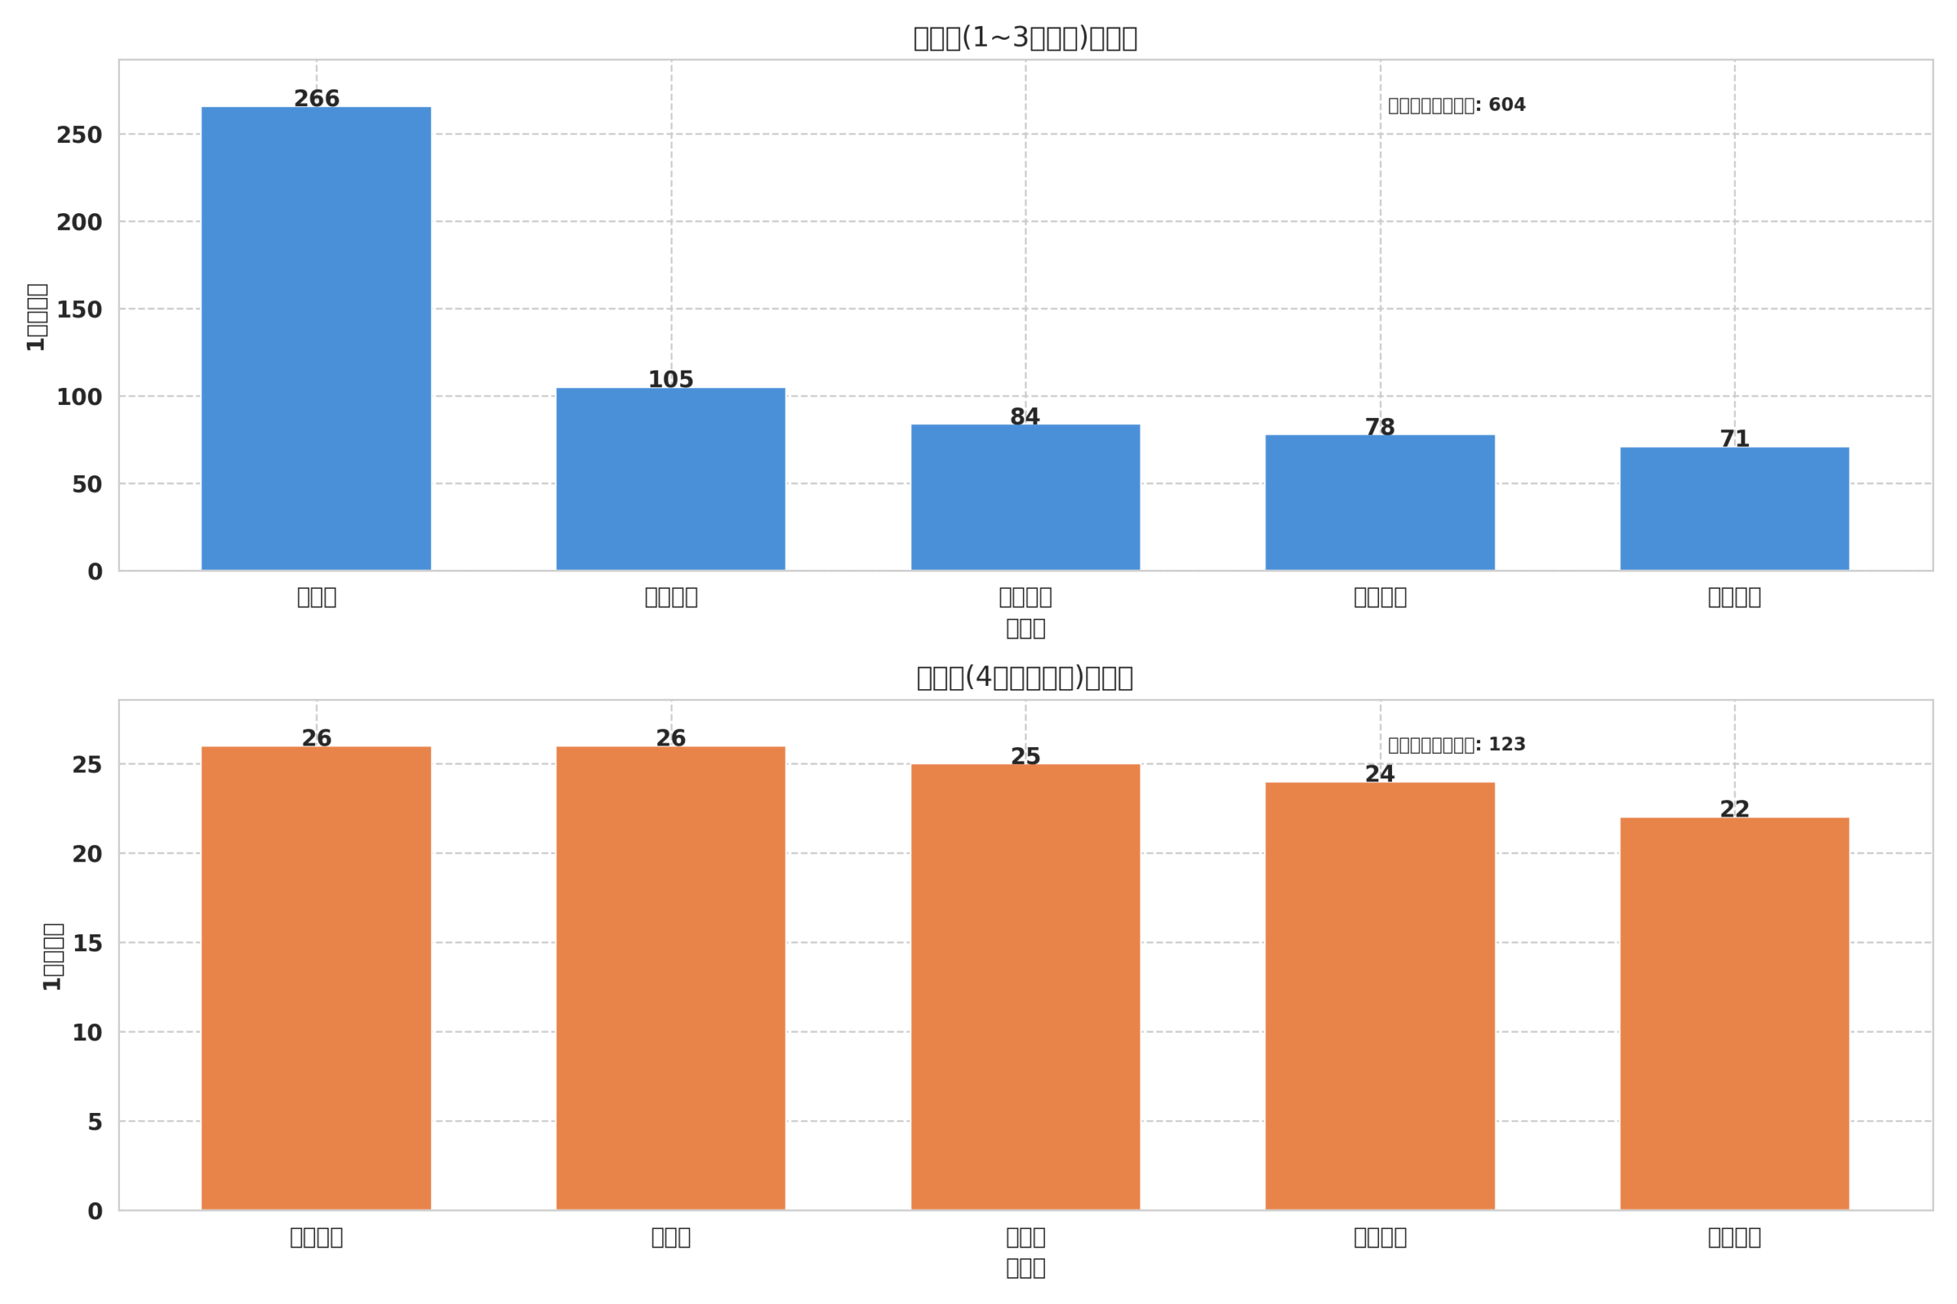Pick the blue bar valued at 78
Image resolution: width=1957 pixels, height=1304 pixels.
pyautogui.click(x=1380, y=503)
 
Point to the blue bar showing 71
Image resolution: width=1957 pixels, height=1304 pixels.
pyautogui.click(x=1734, y=509)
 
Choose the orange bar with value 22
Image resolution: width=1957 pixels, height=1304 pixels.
pyautogui.click(x=1734, y=1014)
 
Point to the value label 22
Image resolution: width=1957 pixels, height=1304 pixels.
pyautogui.click(x=1734, y=809)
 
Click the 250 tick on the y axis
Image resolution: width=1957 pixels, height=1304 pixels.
pyautogui.click(x=79, y=135)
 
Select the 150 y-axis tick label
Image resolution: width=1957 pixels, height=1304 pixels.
pyautogui.click(x=79, y=310)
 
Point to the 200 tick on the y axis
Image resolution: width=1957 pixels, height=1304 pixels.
pyautogui.click(x=79, y=223)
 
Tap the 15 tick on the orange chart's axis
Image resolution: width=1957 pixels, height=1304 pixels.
pyautogui.click(x=87, y=944)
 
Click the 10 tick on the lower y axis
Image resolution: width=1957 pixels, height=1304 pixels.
pyautogui.click(x=86, y=1033)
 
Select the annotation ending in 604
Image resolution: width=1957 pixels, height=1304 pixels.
pyautogui.click(x=1456, y=105)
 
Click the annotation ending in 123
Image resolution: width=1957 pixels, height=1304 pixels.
pyautogui.click(x=1456, y=745)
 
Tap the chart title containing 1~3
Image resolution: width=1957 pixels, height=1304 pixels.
pyautogui.click(x=1024, y=38)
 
